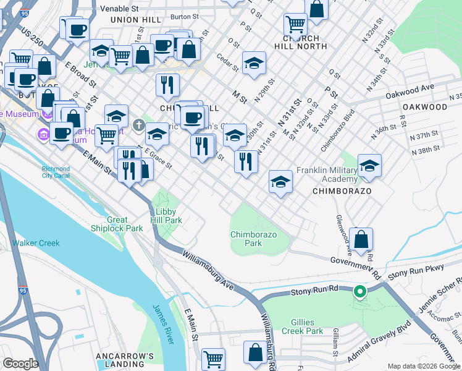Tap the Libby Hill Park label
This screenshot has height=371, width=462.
coord(165,216)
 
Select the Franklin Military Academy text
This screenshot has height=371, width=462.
coord(327,174)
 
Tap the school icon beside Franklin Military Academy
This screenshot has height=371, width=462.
coord(369,165)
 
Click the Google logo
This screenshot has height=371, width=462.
coord(20,364)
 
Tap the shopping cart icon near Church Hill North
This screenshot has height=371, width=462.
coord(296,25)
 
